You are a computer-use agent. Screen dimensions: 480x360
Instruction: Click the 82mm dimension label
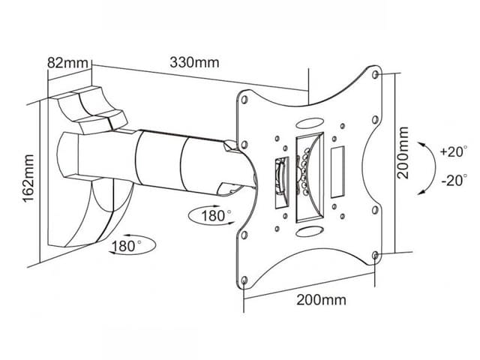(67, 62)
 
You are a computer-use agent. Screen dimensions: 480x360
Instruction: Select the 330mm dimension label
(195, 62)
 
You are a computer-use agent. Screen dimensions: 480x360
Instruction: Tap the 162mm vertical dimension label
(28, 178)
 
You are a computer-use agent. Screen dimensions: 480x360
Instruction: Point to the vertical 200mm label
(403, 152)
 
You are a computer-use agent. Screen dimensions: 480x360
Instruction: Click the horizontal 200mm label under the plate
(322, 300)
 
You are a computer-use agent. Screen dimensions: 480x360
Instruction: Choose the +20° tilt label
(454, 151)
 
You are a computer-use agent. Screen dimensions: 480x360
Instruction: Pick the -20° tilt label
(454, 180)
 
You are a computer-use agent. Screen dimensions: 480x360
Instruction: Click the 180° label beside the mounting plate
(216, 215)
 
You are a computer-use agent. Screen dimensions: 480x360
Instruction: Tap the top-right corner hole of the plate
(375, 74)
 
